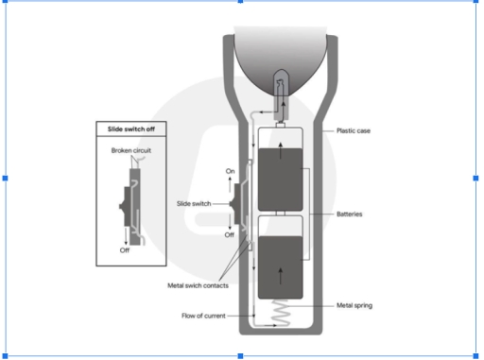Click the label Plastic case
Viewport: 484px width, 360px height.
(354, 130)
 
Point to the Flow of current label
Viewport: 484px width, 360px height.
(203, 316)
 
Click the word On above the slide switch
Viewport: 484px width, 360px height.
(230, 171)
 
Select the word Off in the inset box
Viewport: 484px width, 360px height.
(125, 250)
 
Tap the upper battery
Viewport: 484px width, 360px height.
(281, 180)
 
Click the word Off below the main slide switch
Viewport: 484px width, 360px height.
(230, 235)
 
